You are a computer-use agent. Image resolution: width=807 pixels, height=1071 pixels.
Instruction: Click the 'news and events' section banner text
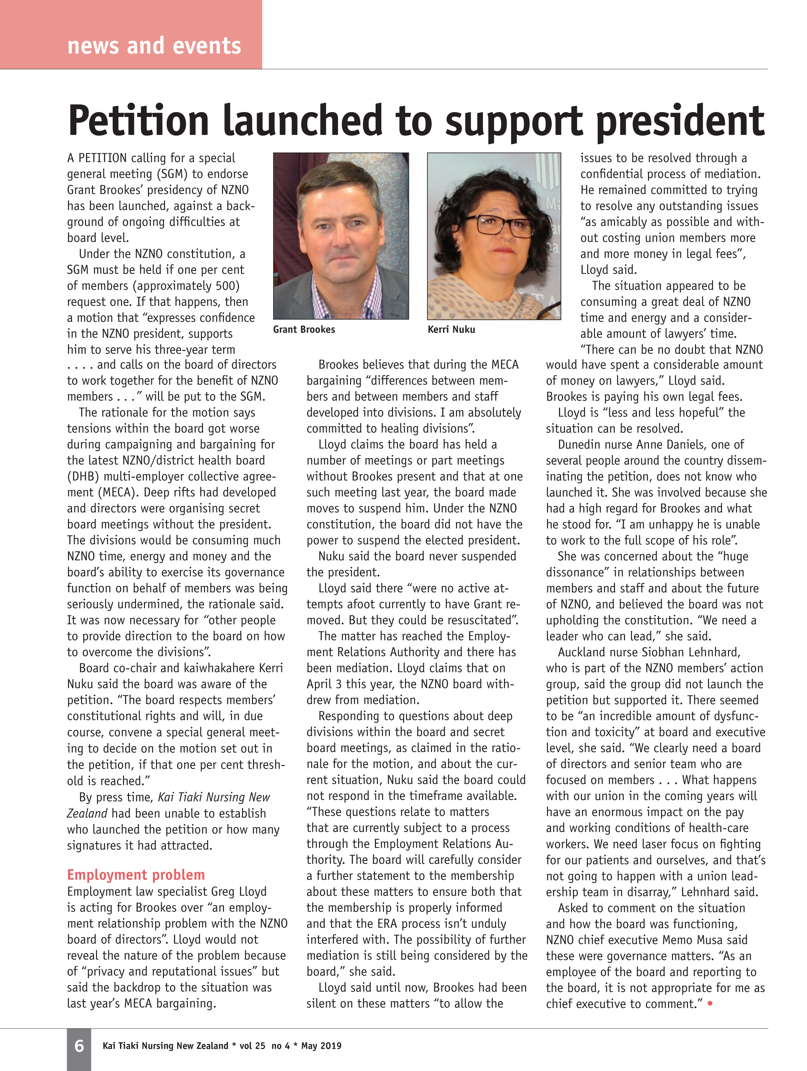click(x=154, y=46)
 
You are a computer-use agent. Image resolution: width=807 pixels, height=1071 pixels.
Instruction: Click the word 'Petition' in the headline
click(x=138, y=121)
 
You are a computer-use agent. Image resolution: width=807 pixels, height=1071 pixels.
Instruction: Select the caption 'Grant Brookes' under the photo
click(x=304, y=330)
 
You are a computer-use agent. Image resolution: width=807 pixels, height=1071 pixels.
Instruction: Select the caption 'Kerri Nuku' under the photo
click(x=451, y=330)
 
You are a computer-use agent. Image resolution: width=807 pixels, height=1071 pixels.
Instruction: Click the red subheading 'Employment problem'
click(x=136, y=875)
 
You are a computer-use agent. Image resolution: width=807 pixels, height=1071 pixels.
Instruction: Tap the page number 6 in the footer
click(x=79, y=1046)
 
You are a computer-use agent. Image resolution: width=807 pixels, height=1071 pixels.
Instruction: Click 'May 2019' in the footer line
click(x=321, y=1046)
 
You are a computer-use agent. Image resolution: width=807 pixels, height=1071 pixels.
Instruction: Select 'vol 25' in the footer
click(x=252, y=1046)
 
